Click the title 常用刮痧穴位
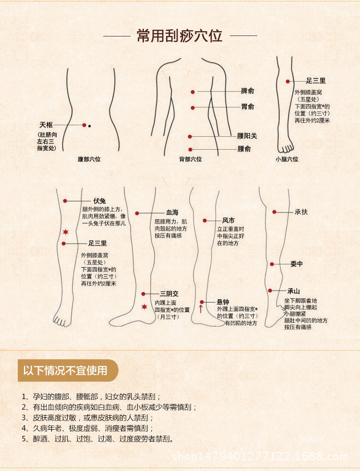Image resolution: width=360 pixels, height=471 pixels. (x=180, y=36)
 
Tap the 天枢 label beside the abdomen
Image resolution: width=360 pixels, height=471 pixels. (x=46, y=125)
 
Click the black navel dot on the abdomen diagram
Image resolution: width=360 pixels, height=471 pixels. (x=89, y=126)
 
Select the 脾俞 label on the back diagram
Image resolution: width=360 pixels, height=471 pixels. (x=248, y=91)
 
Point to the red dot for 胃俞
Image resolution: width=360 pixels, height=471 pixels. (x=192, y=107)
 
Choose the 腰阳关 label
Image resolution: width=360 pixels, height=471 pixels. (x=247, y=136)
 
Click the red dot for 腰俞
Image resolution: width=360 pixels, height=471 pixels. (x=191, y=149)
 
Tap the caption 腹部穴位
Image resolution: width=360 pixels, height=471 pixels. (x=89, y=159)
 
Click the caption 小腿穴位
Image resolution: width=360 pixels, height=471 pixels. (x=287, y=159)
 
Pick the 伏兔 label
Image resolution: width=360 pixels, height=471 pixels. (x=99, y=201)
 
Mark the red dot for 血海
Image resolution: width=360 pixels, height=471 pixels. (x=137, y=213)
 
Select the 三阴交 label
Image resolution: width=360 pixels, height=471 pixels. (x=169, y=294)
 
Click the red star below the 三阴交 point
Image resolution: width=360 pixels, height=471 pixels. (x=144, y=307)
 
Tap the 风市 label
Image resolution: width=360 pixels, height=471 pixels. (x=228, y=221)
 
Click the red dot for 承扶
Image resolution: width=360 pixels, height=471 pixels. (x=275, y=212)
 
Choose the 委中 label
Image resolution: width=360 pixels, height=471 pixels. (x=297, y=264)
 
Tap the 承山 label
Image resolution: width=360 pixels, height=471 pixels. (x=293, y=291)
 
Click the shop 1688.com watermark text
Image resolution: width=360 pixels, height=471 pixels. (x=259, y=456)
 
